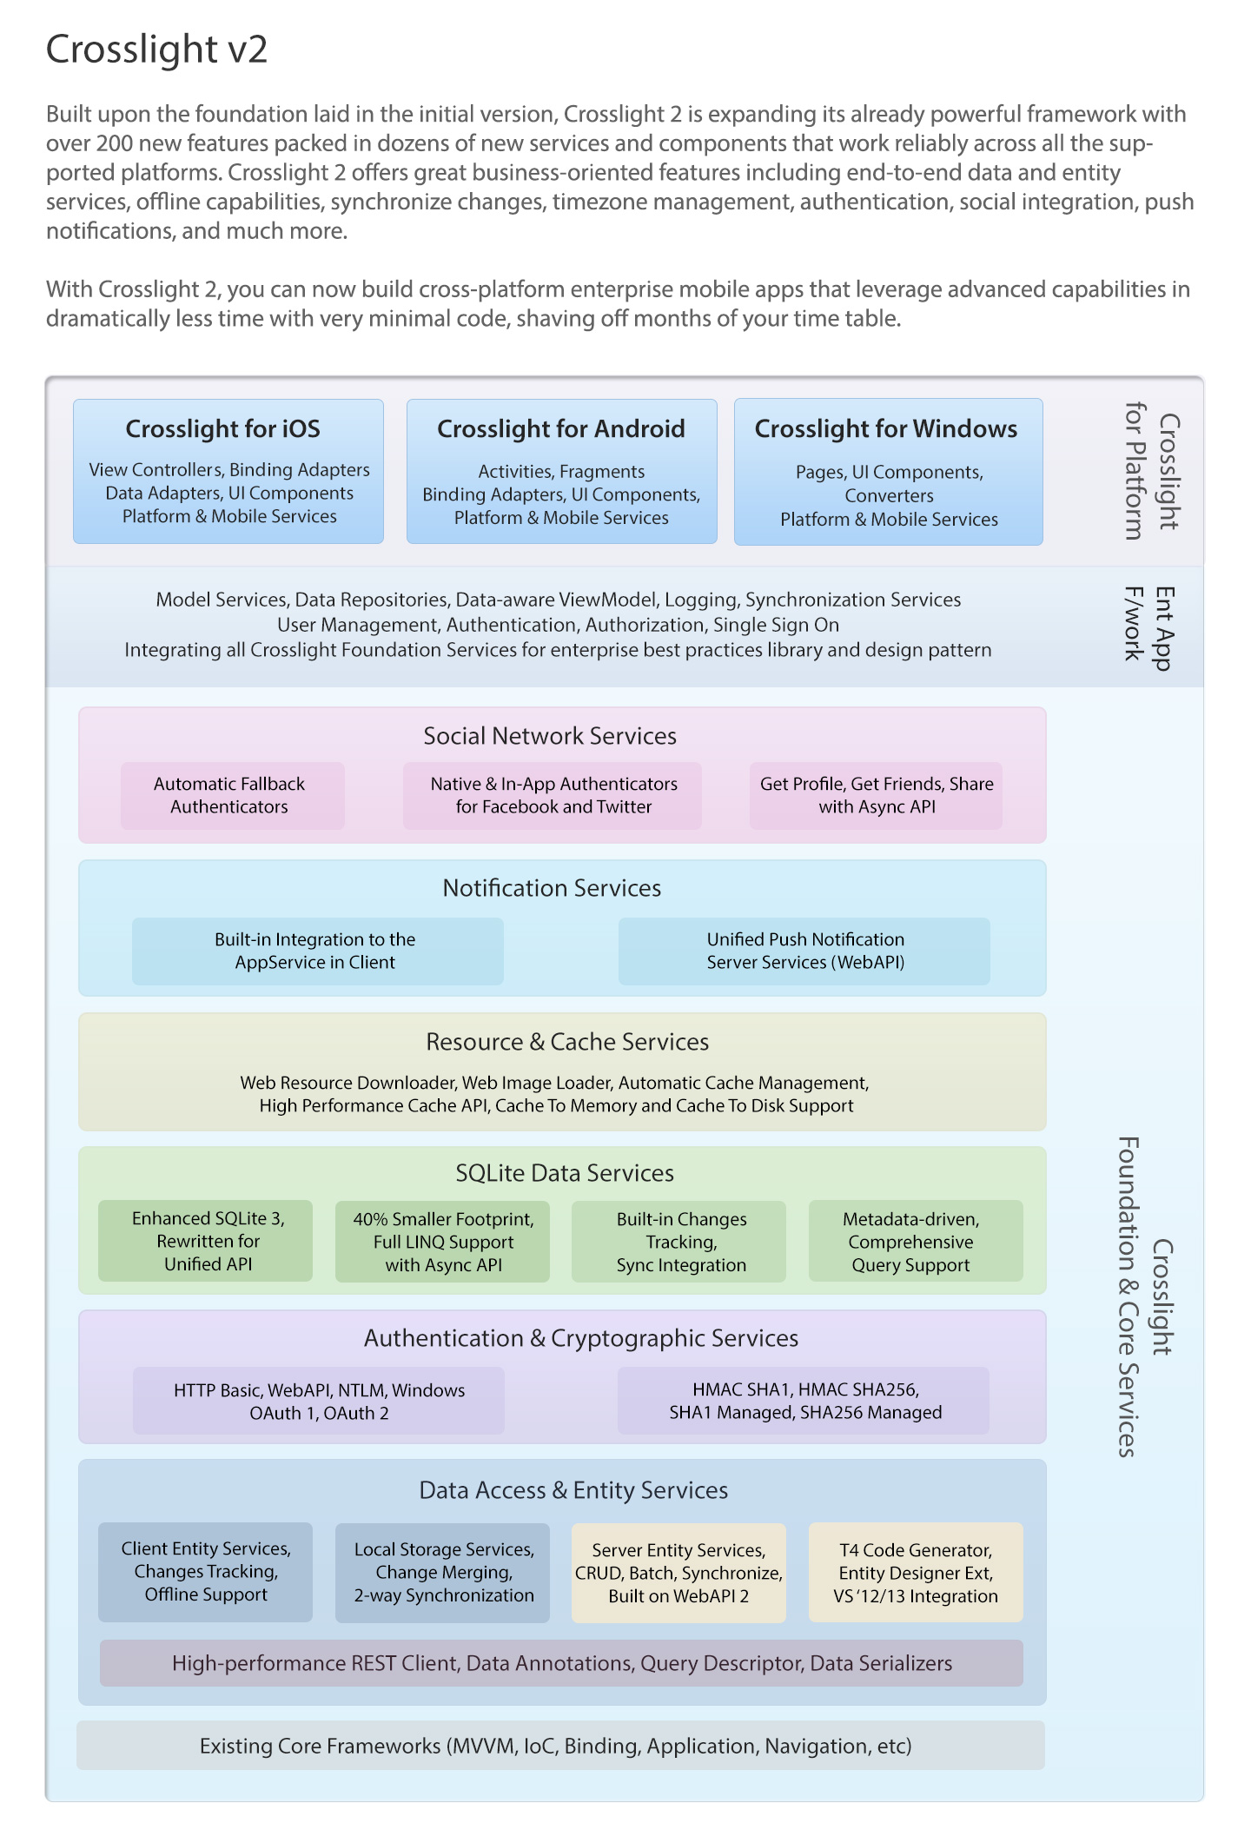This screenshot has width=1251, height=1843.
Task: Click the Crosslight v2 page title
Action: pos(156,50)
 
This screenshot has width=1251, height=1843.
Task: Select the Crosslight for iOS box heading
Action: pos(223,428)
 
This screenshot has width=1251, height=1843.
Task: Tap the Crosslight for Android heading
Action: pos(561,428)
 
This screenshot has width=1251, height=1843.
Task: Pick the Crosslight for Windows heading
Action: pos(886,428)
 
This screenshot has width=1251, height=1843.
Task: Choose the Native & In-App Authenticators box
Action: pos(553,795)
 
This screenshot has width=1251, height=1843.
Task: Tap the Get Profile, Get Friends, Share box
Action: pos(876,795)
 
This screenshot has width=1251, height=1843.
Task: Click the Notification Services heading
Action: pos(553,888)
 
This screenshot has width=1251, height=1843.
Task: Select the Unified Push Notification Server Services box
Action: pos(804,951)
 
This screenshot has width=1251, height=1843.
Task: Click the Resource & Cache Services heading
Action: pos(567,1042)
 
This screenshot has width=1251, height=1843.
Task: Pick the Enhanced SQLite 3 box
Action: pos(205,1241)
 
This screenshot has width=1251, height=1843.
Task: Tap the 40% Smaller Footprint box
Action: pos(442,1241)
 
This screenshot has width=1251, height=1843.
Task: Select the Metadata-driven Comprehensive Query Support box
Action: pos(916,1241)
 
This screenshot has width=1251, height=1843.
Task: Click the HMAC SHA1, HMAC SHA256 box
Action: pos(804,1401)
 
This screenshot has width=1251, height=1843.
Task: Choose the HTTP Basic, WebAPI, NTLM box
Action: pos(319,1401)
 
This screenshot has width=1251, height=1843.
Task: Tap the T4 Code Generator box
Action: pos(916,1572)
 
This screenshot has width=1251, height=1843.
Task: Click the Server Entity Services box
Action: pos(678,1572)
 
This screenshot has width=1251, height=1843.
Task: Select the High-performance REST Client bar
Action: pos(561,1663)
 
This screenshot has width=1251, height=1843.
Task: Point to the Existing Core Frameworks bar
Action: pos(560,1745)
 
